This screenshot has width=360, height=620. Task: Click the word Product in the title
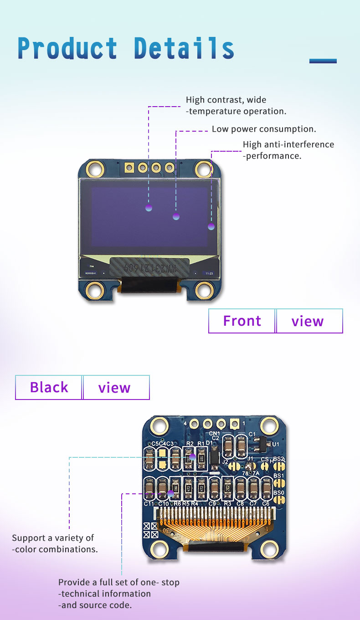point(67,48)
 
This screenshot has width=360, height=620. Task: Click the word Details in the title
point(184,48)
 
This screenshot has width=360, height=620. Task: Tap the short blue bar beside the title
point(323,61)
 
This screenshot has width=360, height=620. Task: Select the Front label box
point(242,321)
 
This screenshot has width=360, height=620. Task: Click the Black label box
point(49,387)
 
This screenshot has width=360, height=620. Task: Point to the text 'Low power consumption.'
point(264,129)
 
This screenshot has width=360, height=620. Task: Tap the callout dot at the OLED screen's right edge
point(211,226)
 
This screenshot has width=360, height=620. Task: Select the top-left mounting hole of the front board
point(96,169)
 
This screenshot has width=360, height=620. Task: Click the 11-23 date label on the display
point(209,273)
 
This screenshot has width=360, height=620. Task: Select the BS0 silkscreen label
point(279,493)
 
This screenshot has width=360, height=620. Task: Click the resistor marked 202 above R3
point(227,487)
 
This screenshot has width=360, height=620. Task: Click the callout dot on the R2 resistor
point(192,456)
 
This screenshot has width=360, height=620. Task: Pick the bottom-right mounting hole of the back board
point(269,550)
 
